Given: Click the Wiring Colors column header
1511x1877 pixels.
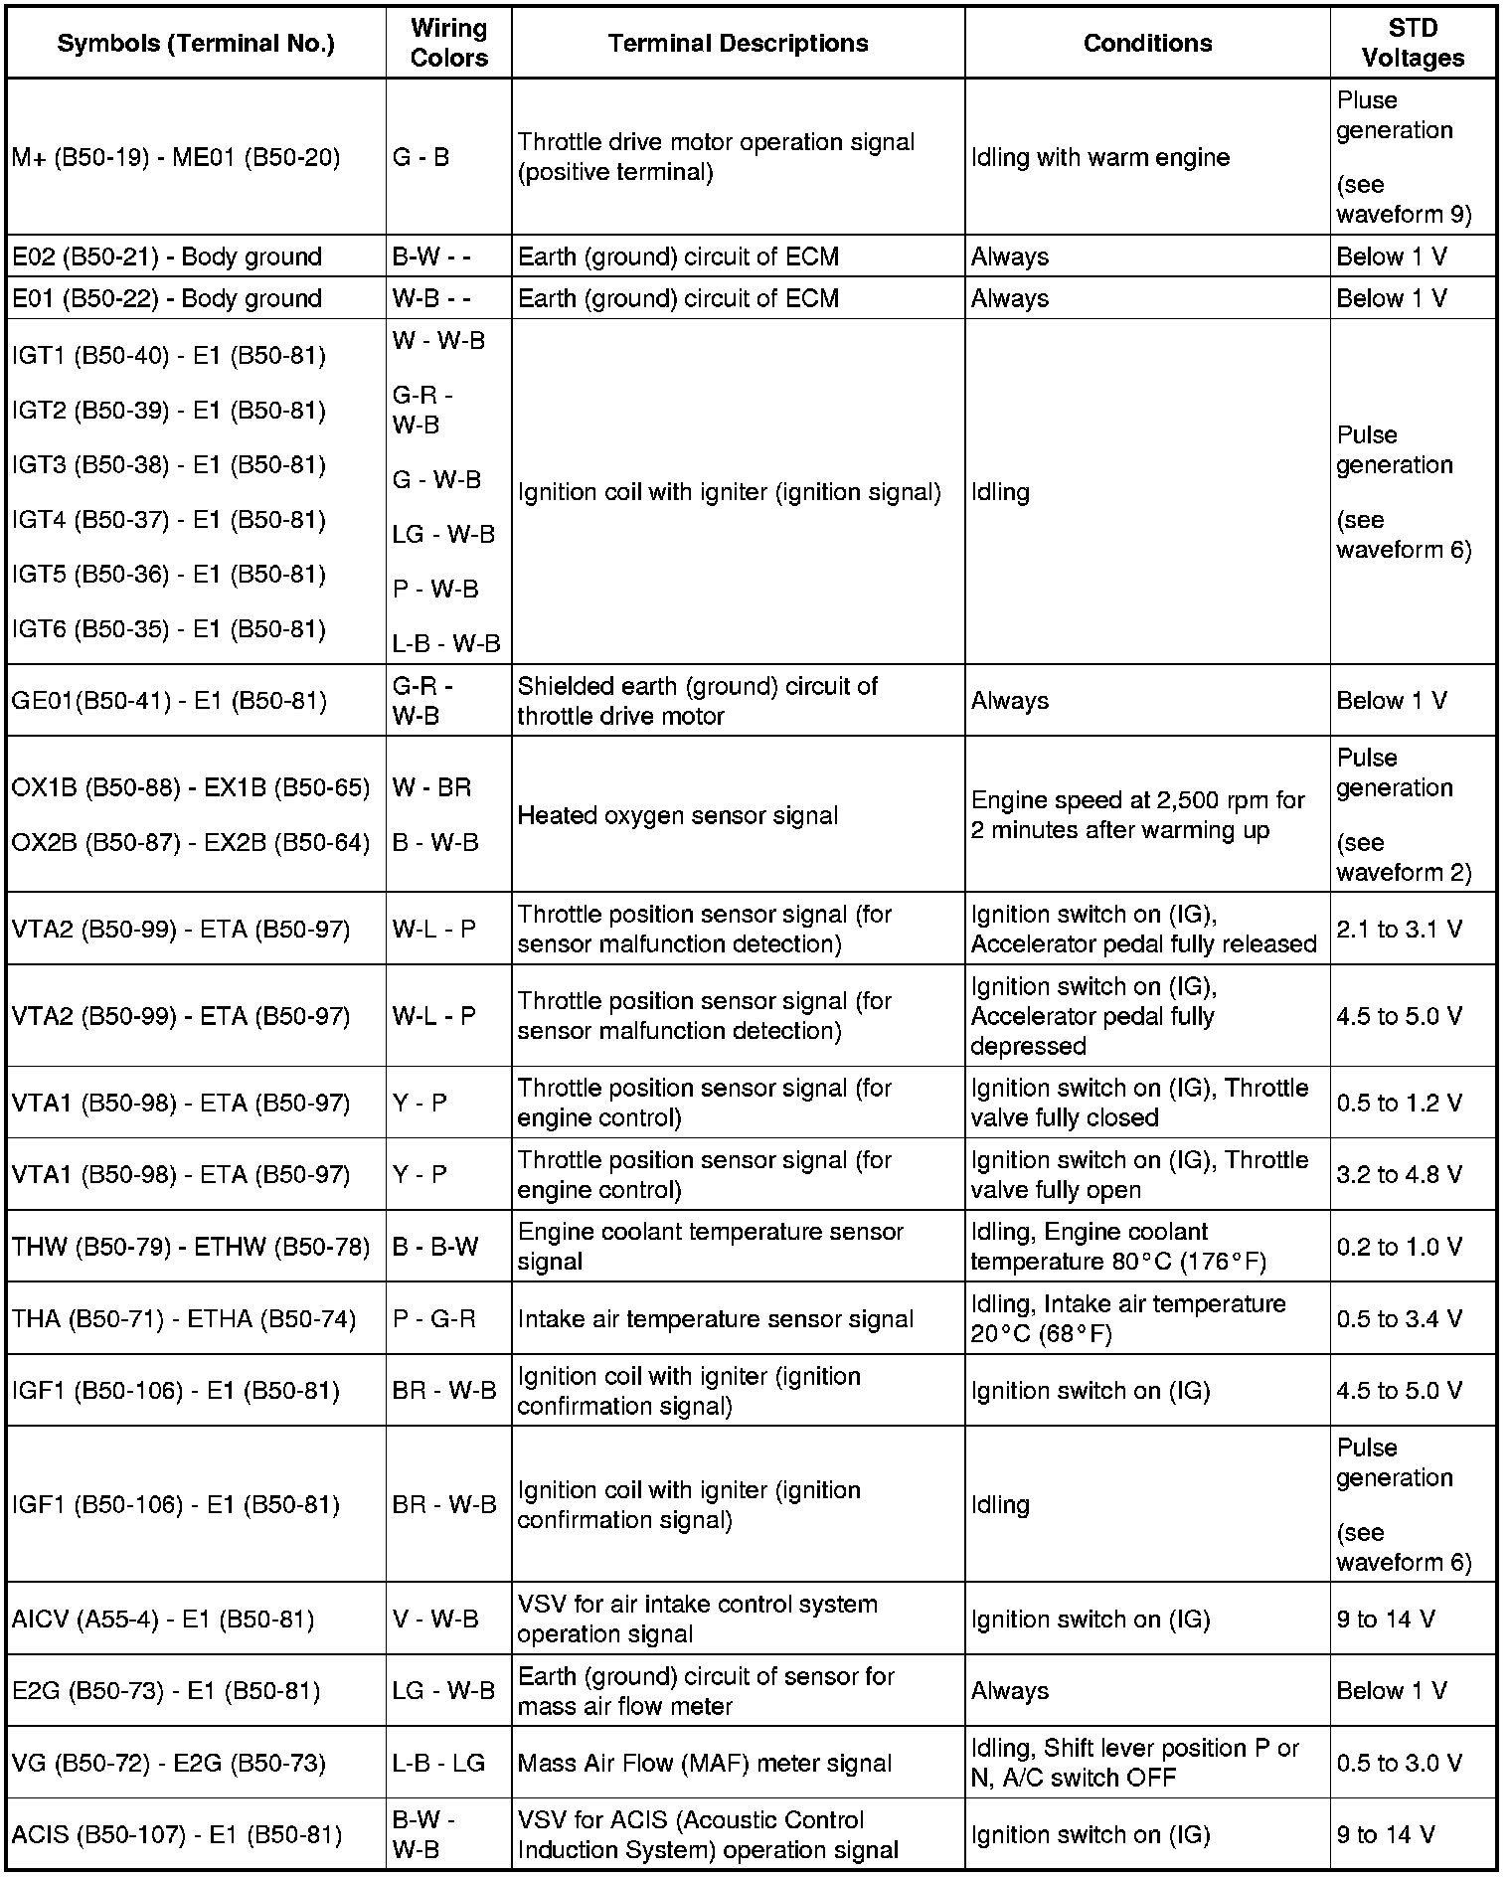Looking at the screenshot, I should (448, 43).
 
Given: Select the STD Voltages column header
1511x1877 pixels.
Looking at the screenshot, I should (1413, 43).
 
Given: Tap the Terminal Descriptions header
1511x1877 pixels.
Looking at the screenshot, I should (738, 43).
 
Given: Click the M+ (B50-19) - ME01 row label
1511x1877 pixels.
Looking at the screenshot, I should (176, 157).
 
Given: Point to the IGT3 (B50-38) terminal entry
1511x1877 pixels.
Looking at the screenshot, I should (169, 465).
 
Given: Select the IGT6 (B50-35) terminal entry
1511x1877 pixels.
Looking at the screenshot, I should (169, 629).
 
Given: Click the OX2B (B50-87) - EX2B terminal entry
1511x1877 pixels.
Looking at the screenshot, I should (190, 842).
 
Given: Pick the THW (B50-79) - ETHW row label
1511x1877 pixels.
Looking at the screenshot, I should (190, 1247).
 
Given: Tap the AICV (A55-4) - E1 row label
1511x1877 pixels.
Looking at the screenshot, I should (163, 1620).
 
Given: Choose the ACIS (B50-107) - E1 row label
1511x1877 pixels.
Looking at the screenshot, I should (176, 1834).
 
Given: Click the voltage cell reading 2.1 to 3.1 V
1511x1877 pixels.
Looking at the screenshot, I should (1400, 930).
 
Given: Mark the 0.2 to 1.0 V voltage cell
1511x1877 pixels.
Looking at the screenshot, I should (1400, 1247).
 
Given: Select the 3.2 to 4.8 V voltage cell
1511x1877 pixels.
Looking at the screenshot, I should (1400, 1175).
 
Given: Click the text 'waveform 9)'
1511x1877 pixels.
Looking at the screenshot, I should (1404, 214).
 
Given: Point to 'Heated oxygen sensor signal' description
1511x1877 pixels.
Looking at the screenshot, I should (678, 815).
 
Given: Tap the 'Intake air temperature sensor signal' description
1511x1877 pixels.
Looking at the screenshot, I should (716, 1319).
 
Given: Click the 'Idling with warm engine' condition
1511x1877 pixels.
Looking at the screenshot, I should (1100, 157).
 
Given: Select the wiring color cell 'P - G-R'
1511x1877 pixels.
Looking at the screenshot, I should (434, 1319).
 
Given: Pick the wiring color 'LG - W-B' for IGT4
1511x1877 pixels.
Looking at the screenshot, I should (443, 535).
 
